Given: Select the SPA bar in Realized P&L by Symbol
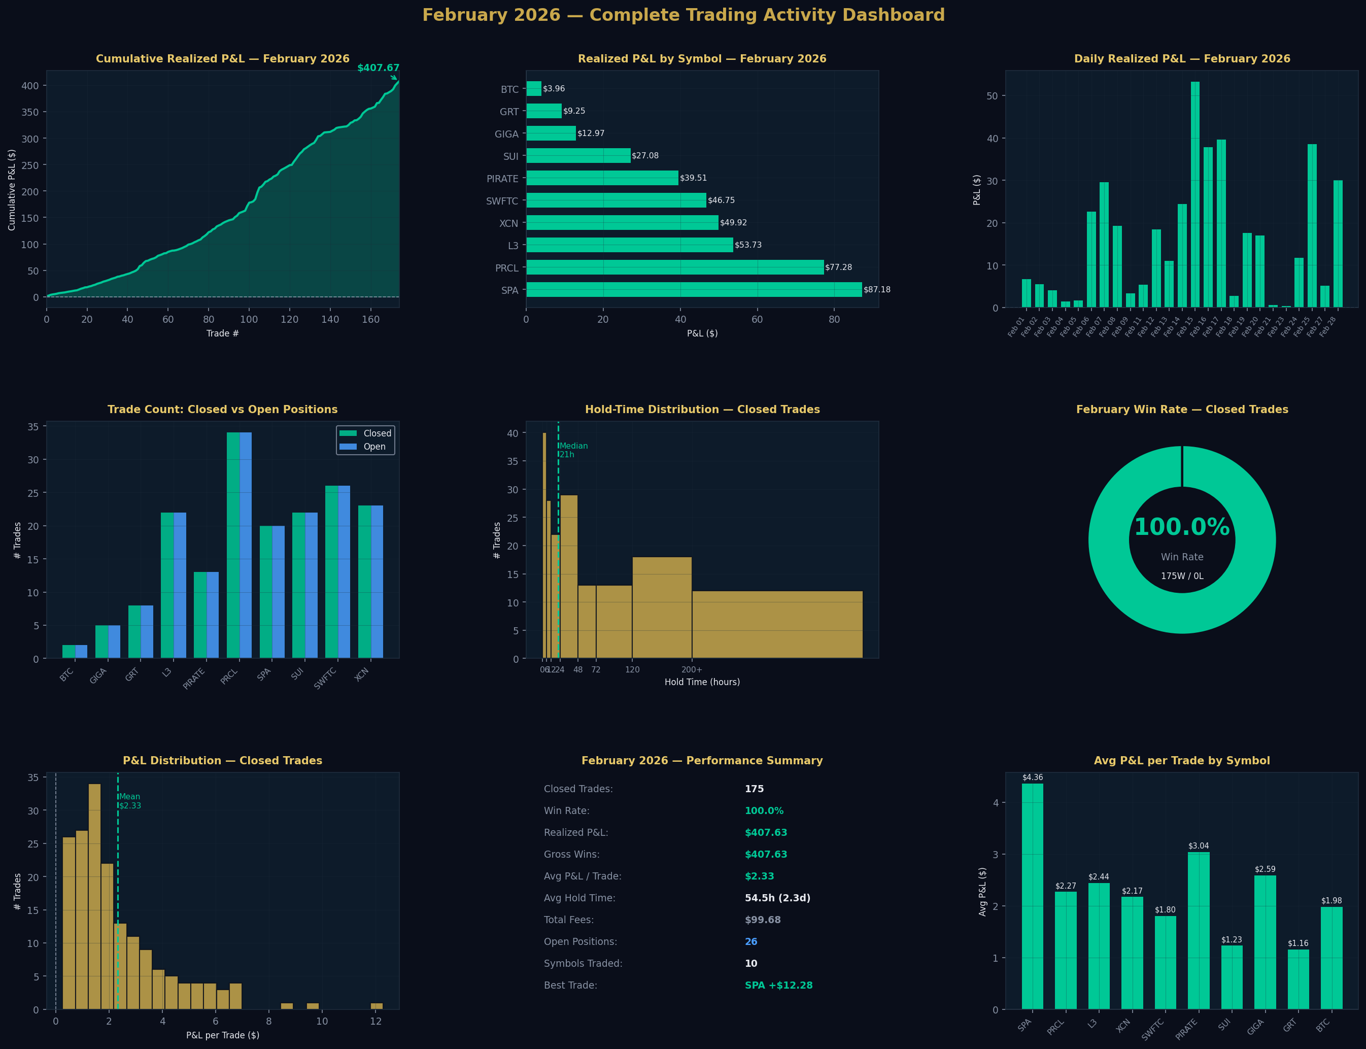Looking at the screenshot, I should (693, 290).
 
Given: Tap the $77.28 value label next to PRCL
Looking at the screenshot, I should (838, 267).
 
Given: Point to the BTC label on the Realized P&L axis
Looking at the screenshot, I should (509, 89).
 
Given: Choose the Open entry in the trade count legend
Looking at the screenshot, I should (374, 447).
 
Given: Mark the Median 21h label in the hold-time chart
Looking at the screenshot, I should (573, 450).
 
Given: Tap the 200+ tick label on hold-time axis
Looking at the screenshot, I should (691, 669).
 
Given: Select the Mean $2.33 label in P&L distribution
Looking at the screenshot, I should (130, 801).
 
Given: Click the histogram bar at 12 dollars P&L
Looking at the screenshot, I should (377, 1006).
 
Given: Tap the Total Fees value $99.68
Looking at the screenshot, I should (762, 920).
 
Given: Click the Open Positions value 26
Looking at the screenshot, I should (750, 941).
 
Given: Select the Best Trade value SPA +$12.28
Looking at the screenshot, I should (778, 986).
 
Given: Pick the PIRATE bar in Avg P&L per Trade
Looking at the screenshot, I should (1198, 930).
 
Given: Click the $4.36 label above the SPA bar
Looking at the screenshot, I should (1032, 777).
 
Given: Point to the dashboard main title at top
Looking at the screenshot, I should (683, 15).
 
